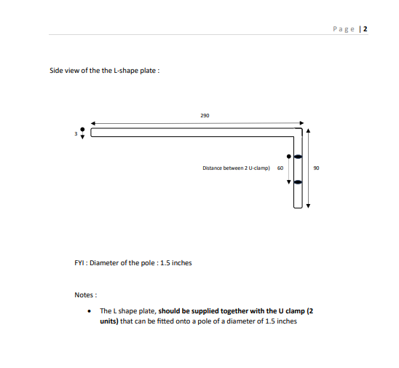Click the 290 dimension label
pyautogui.click(x=205, y=116)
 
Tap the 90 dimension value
pyautogui.click(x=316, y=168)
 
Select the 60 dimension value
pyautogui.click(x=280, y=168)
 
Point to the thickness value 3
pyautogui.click(x=76, y=133)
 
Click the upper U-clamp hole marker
pyautogui.click(x=299, y=157)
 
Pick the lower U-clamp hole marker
pyautogui.click(x=299, y=182)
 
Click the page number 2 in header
pyautogui.click(x=366, y=29)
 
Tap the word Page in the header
pyautogui.click(x=344, y=29)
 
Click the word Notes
pyautogui.click(x=84, y=295)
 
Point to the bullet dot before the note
pyautogui.click(x=89, y=311)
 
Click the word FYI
pyautogui.click(x=79, y=263)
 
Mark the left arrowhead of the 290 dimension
pyautogui.click(x=93, y=123)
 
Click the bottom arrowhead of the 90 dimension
pyautogui.click(x=308, y=205)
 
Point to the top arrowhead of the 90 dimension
pyautogui.click(x=308, y=130)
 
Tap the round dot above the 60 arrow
pyautogui.click(x=288, y=157)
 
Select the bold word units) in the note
pyautogui.click(x=109, y=321)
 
